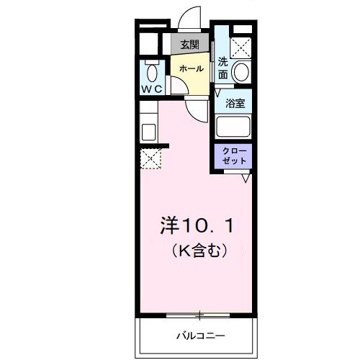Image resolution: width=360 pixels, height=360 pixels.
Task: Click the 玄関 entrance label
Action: tap(189, 45)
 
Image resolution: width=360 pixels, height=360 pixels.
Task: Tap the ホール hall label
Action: tap(191, 68)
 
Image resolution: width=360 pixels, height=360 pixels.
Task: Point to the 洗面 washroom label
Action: tap(223, 68)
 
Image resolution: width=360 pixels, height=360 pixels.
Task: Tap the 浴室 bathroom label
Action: tap(235, 103)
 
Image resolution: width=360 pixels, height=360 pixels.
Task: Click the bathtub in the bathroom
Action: tap(234, 127)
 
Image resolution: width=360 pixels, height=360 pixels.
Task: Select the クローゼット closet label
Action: tap(234, 157)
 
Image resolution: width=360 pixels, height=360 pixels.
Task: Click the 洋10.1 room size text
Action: tap(195, 225)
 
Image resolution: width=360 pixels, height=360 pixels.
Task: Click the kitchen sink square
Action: tap(150, 132)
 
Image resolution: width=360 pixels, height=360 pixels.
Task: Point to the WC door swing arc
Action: tap(175, 84)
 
